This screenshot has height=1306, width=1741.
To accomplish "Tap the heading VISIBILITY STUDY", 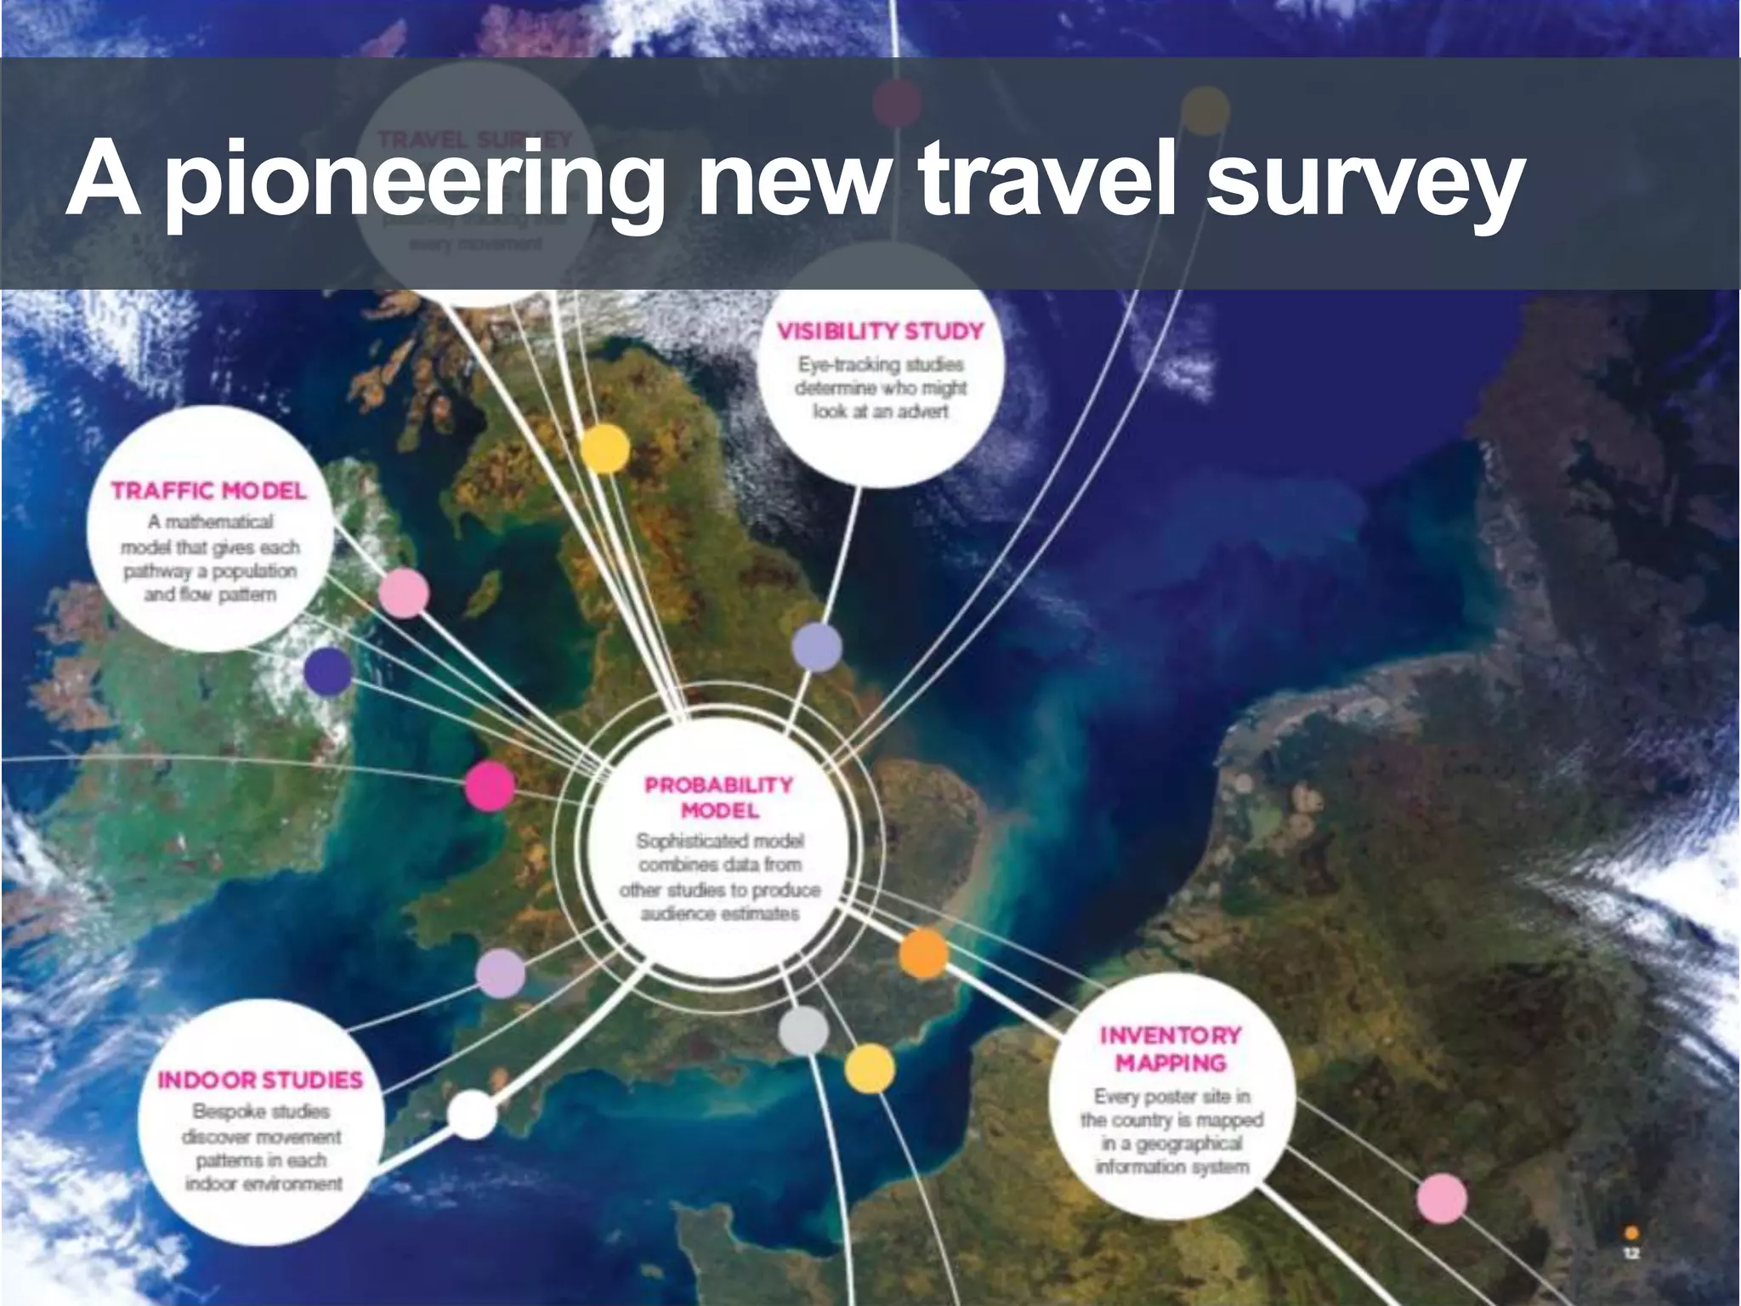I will click(x=880, y=331).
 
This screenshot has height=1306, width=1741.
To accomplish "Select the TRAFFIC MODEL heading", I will click(x=209, y=491).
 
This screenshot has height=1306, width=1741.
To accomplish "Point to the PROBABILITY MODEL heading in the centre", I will click(x=719, y=797).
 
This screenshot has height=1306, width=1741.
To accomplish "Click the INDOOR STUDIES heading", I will click(x=260, y=1080).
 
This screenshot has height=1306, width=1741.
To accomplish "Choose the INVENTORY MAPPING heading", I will click(x=1171, y=1048).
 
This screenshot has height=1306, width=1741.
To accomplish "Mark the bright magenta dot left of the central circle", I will click(x=490, y=786).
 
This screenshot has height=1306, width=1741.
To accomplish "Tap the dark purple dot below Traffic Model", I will click(x=328, y=671).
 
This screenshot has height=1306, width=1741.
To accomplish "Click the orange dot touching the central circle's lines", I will click(x=923, y=953).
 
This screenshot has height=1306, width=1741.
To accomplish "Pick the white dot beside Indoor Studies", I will click(x=472, y=1114).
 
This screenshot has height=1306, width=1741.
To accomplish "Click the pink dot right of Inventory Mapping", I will click(x=1442, y=1198).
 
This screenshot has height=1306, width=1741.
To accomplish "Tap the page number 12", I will click(x=1631, y=1253).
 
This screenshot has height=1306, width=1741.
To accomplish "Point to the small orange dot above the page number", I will click(x=1631, y=1232).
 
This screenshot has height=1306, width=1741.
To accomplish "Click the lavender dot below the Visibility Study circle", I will click(x=817, y=647).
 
